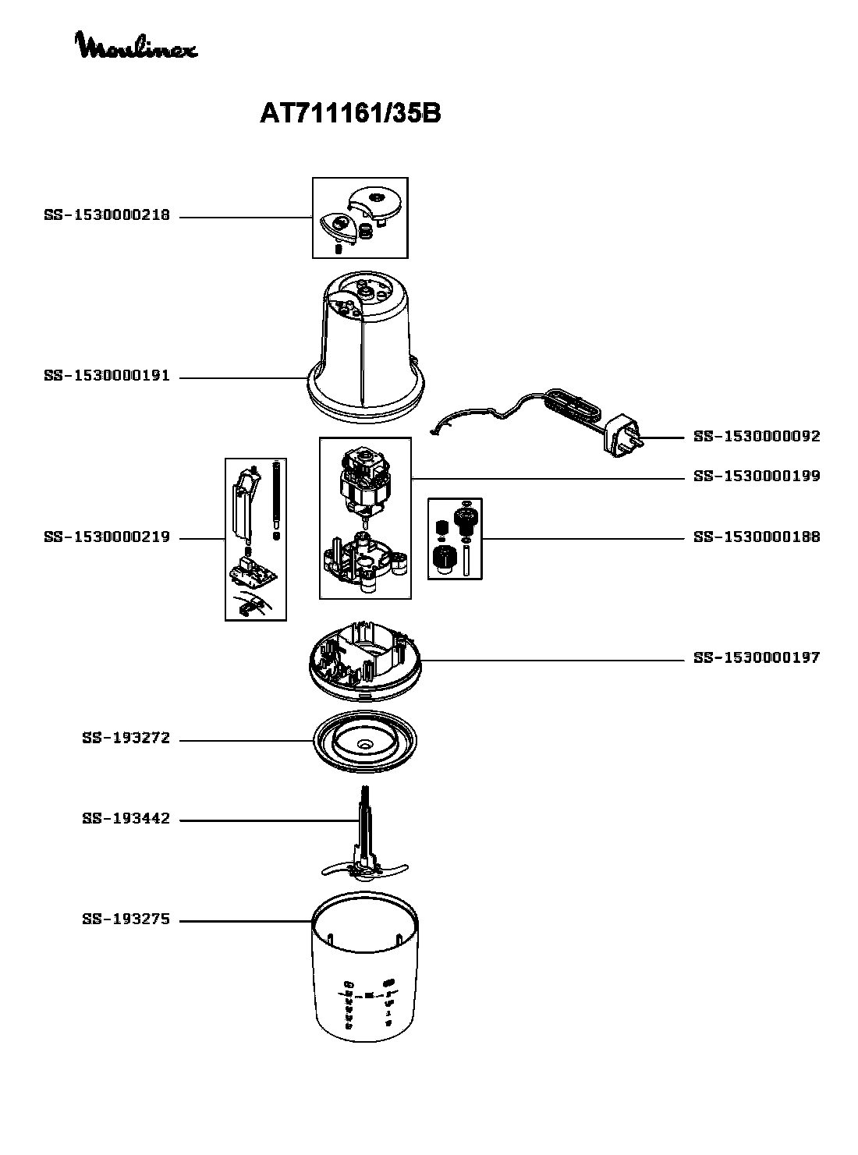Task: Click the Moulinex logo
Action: (136, 45)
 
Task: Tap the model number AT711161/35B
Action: (350, 113)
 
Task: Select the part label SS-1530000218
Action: (107, 215)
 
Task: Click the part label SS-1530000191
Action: (107, 376)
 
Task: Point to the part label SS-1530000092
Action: (757, 437)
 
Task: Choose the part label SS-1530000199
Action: (757, 476)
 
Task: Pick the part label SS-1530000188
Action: (757, 537)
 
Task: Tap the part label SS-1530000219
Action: (107, 537)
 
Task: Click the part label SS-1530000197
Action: (757, 657)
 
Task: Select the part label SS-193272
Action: (126, 738)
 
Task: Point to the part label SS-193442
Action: (126, 819)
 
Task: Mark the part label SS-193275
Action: (126, 919)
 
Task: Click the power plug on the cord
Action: (623, 435)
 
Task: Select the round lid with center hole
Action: (365, 742)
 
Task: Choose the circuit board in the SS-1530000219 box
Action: (253, 570)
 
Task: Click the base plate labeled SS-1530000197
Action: (365, 661)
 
